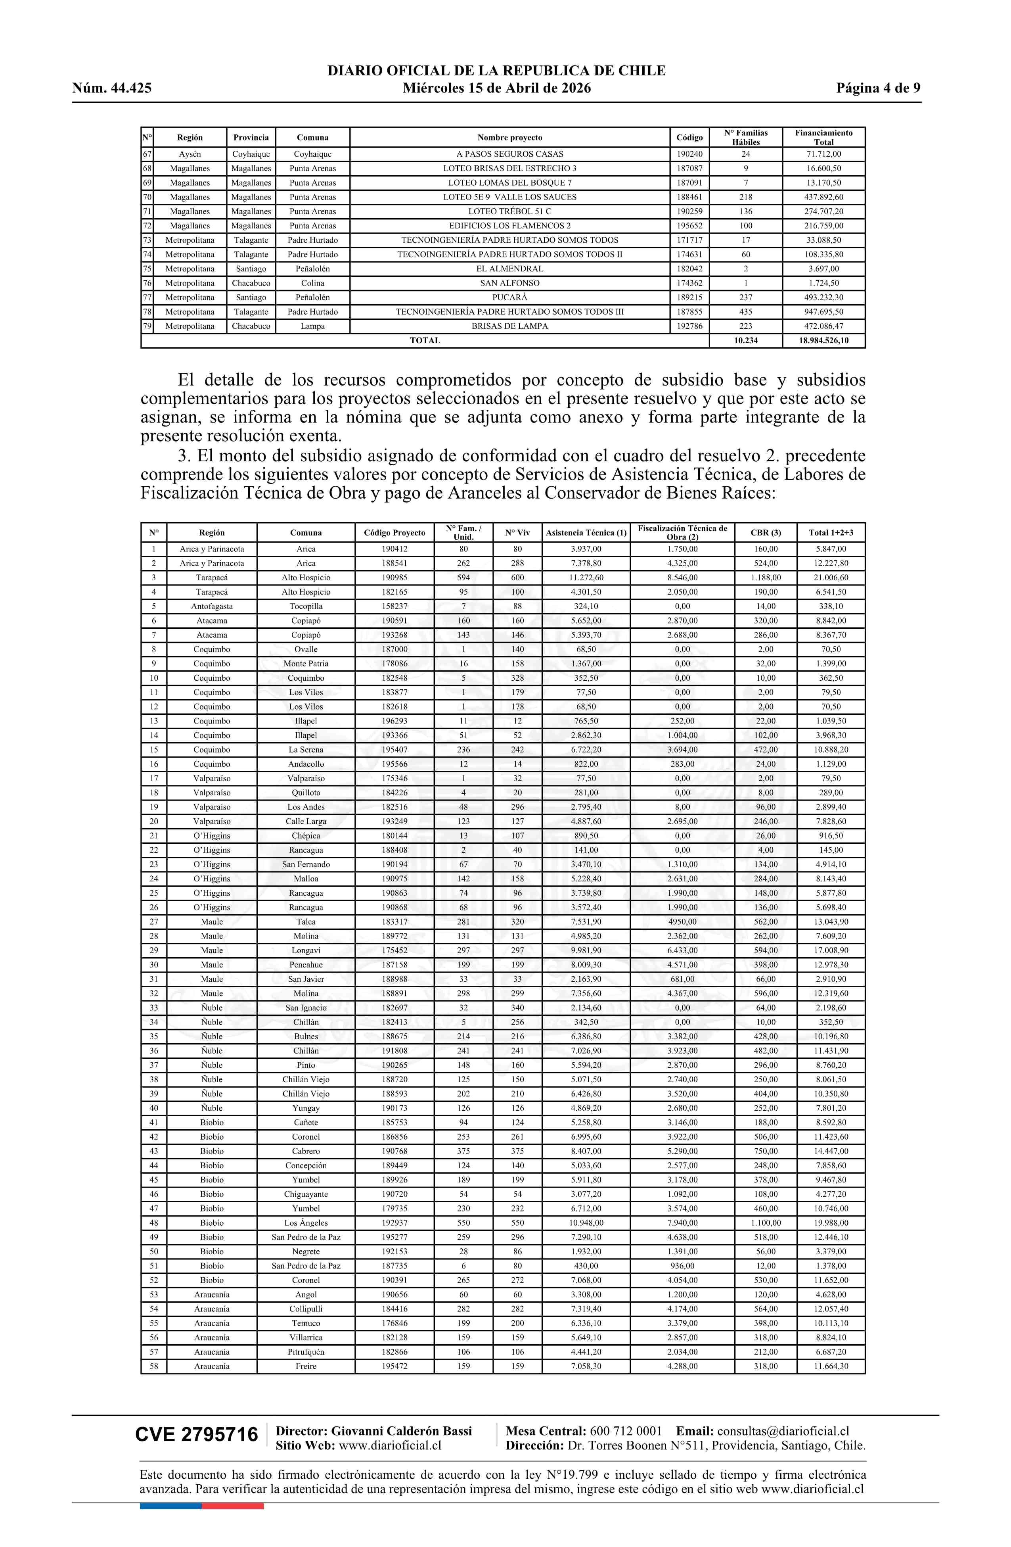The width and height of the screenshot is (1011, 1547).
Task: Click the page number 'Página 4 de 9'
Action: [x=878, y=88]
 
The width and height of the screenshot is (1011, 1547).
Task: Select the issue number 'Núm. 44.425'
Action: [x=112, y=88]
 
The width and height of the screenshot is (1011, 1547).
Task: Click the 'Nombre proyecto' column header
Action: [x=509, y=137]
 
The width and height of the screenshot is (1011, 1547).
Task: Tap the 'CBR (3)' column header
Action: [x=766, y=532]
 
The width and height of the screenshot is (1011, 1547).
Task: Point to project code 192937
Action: [x=394, y=1223]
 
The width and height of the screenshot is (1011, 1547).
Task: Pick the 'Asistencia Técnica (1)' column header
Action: [x=586, y=532]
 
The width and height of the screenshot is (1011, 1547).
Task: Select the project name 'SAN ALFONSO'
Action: [x=509, y=283]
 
